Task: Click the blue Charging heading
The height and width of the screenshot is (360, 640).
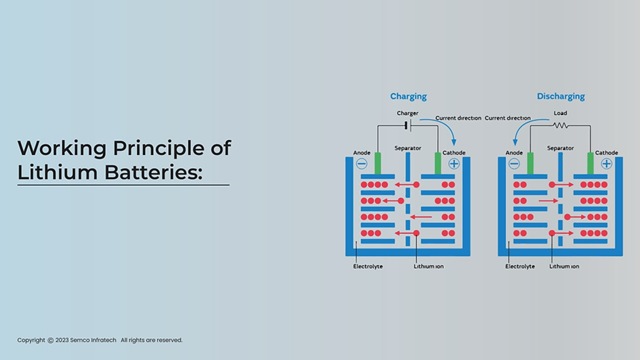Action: [408, 97]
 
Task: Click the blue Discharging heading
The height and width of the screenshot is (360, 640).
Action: [560, 97]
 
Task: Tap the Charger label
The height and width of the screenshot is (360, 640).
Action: [407, 113]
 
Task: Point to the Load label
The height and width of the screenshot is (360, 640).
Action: [560, 113]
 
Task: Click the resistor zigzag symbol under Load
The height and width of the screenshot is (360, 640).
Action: [560, 126]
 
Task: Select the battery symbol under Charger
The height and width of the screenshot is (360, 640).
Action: [407, 126]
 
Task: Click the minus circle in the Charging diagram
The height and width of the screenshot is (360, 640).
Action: [362, 164]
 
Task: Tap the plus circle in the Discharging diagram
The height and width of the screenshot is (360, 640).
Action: [607, 164]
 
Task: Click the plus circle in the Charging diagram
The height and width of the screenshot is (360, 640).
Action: [454, 164]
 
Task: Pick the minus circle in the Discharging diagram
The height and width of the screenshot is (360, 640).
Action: [514, 164]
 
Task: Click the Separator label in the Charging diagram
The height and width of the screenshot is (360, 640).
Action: [407, 148]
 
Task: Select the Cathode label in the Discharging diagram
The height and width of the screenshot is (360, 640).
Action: [606, 152]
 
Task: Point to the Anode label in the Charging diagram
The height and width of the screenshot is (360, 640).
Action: [362, 152]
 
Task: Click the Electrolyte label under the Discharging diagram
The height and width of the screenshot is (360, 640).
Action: [519, 267]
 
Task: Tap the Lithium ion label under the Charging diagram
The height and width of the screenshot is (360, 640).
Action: [428, 267]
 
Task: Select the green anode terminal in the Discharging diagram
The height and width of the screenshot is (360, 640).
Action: [530, 163]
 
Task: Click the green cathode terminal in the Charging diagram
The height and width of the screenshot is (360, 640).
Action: [438, 163]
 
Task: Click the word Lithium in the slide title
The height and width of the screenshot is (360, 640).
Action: [58, 172]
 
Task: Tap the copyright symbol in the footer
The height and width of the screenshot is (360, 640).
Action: [50, 340]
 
